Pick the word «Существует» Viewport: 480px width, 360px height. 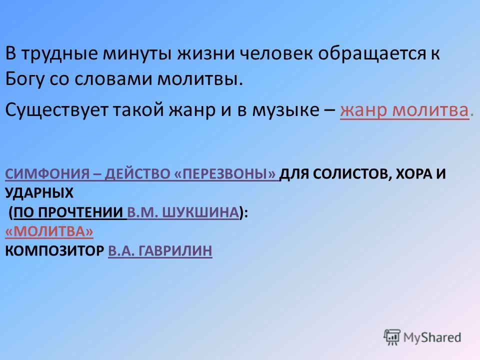pos(56,110)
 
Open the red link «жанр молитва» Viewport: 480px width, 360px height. pos(404,110)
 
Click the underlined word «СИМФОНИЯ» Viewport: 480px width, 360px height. pos(46,174)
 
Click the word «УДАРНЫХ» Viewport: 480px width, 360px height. pos(39,193)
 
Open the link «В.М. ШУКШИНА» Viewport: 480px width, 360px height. pos(183,212)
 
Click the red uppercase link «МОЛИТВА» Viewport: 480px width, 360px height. pos(49,231)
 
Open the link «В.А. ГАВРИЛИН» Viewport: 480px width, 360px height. pos(160,250)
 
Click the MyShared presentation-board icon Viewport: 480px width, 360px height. pos(392,337)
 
